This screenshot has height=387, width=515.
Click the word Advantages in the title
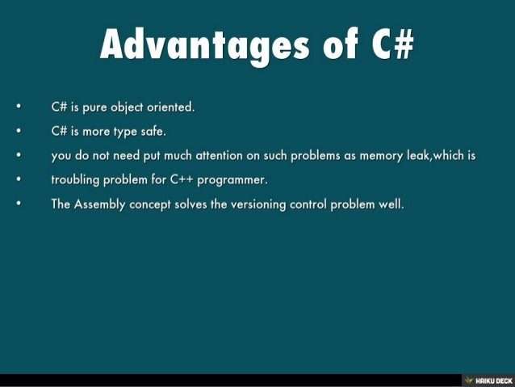[205, 45]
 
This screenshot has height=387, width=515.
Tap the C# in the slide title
[392, 44]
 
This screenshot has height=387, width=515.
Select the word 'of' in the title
[341, 44]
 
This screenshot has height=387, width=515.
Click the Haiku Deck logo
[488, 381]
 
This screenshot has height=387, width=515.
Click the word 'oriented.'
[171, 107]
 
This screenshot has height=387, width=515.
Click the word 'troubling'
[75, 180]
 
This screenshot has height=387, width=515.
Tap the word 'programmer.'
[232, 180]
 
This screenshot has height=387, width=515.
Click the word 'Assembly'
[99, 204]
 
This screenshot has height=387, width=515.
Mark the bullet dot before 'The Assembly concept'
[19, 204]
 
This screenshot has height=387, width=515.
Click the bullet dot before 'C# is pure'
[19, 106]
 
